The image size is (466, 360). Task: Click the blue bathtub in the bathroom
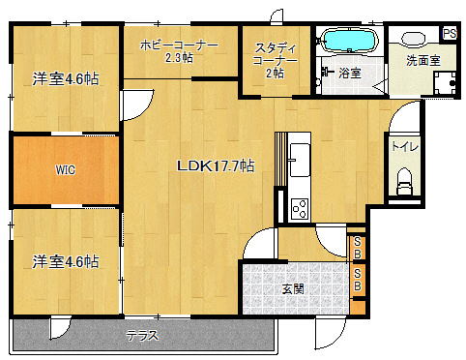pyautogui.click(x=350, y=41)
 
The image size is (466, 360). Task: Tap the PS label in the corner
pyautogui.click(x=450, y=33)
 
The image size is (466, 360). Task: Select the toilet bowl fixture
pyautogui.click(x=404, y=181)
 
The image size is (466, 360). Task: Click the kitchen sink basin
pyautogui.click(x=300, y=160)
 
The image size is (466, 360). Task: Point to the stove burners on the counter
pyautogui.click(x=300, y=209)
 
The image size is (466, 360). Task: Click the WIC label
pyautogui.click(x=66, y=170)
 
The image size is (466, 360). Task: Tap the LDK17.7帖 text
pyautogui.click(x=216, y=165)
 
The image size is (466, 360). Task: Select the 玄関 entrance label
pyautogui.click(x=293, y=289)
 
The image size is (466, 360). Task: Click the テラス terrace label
pyautogui.click(x=142, y=336)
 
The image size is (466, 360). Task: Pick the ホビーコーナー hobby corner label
pyautogui.click(x=179, y=45)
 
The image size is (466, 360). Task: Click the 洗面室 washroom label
pyautogui.click(x=423, y=60)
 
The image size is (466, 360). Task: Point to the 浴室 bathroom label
pyautogui.click(x=350, y=74)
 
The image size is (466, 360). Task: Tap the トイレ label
pyautogui.click(x=405, y=147)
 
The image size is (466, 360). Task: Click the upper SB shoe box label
pyautogui.click(x=357, y=248)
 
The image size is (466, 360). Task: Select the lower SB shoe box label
pyautogui.click(x=357, y=280)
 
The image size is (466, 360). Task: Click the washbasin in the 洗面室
pyautogui.click(x=414, y=39)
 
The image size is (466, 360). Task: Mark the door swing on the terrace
pyautogui.click(x=60, y=327)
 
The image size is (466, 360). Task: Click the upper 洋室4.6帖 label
pyautogui.click(x=66, y=78)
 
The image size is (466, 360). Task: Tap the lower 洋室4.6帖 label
pyautogui.click(x=66, y=261)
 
